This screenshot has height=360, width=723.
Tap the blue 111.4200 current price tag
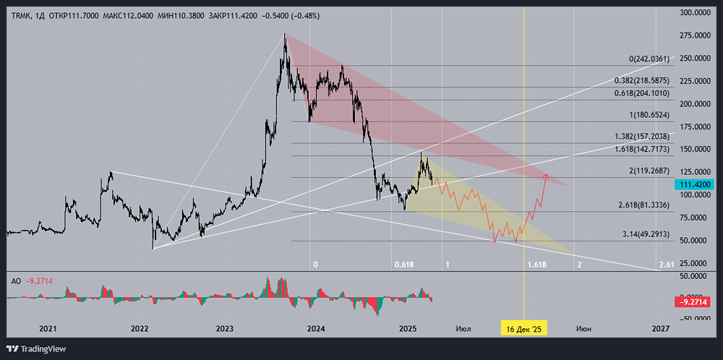[x=694, y=185]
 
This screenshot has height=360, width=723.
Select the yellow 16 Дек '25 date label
[x=523, y=329]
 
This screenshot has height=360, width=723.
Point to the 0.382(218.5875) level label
[x=643, y=81]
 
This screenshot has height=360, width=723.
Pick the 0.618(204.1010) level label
[x=643, y=93]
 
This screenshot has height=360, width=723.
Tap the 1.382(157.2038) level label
[x=643, y=137]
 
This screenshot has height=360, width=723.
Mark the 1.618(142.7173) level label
[x=643, y=149]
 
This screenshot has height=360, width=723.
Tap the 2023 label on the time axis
[x=225, y=329]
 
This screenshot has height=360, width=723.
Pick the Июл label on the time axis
[x=463, y=329]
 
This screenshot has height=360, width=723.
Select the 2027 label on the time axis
[x=660, y=329]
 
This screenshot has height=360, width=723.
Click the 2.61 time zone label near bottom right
[x=667, y=265]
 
